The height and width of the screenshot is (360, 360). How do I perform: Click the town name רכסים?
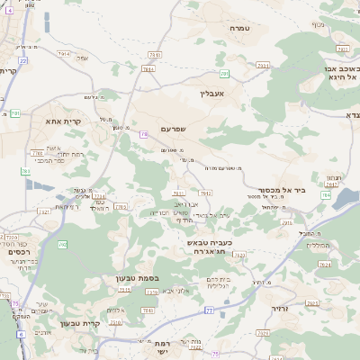pos(19,251)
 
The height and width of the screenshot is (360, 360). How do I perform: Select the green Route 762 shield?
pos(62,244)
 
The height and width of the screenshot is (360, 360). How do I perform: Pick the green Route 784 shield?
pos(325,194)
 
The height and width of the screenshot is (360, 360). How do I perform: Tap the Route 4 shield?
pos(20,334)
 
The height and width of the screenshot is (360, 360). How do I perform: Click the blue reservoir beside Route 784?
pos(346,202)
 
